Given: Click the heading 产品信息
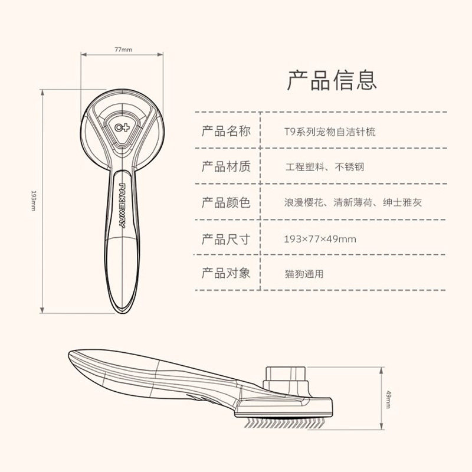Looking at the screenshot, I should tap(332, 80).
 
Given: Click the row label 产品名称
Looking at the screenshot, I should tap(226, 131).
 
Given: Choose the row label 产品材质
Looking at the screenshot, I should tap(226, 166).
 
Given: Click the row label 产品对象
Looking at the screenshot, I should tap(226, 274).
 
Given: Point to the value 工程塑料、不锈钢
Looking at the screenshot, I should tap(324, 167).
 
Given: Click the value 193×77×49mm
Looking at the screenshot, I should tap(320, 239).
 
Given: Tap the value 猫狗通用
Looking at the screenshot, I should tap(304, 274).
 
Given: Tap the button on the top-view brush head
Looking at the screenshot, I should tap(123, 126).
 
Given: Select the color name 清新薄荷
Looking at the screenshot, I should tap(352, 203).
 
